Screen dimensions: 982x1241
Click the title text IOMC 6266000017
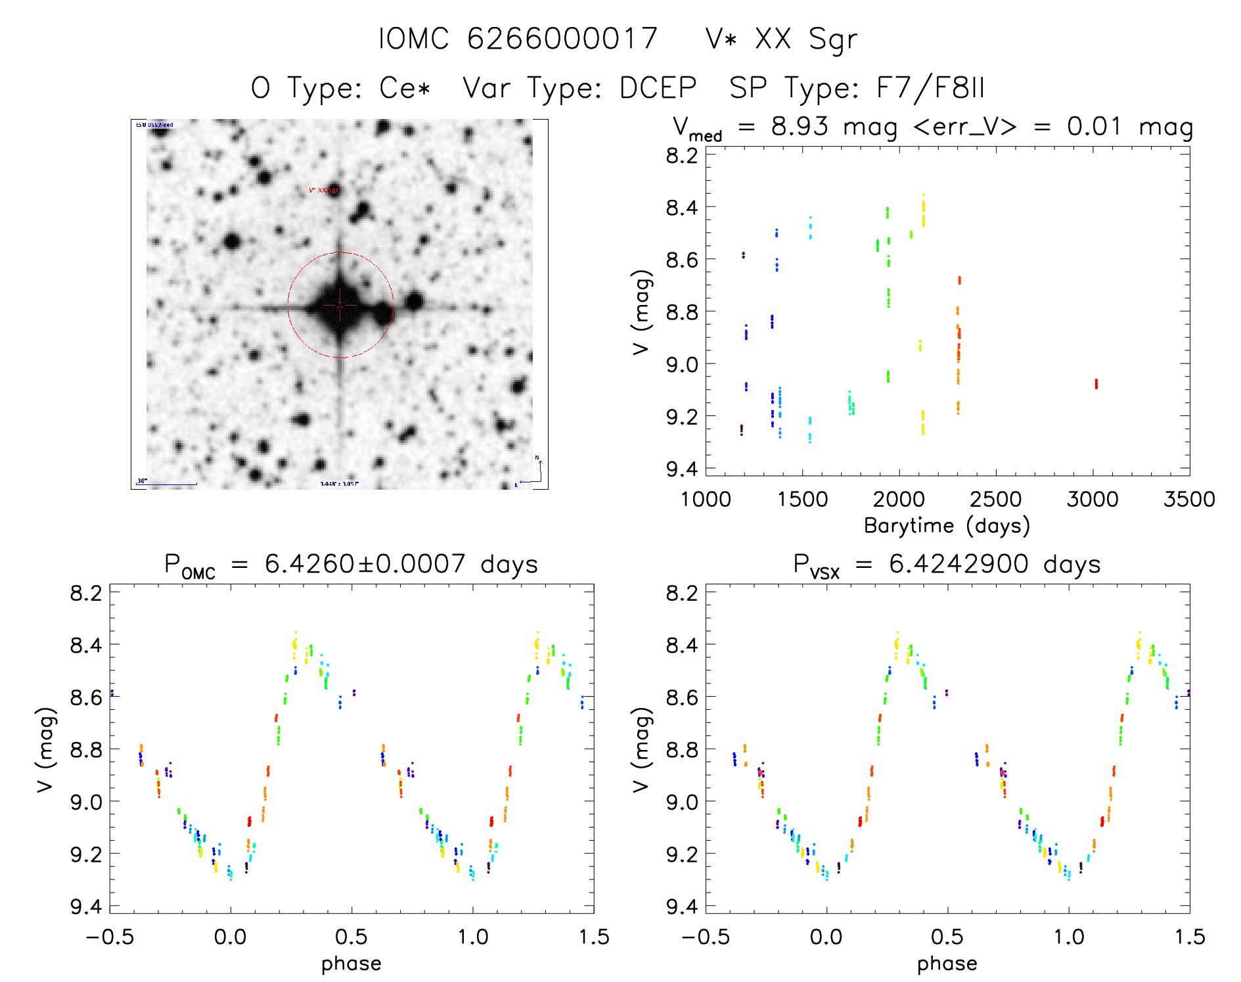518,39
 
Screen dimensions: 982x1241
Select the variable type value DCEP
658,88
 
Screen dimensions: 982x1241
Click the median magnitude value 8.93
800,126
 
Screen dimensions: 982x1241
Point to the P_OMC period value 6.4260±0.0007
365,564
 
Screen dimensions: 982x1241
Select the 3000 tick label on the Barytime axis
1093,500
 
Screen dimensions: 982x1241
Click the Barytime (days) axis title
947,526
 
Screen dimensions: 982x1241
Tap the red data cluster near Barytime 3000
1096,384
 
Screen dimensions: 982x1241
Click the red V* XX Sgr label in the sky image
323,190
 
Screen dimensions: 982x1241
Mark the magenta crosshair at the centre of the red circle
340,305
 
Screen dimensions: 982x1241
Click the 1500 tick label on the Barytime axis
802,500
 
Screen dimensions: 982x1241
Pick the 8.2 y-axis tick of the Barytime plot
681,156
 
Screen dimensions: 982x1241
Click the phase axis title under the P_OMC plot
351,964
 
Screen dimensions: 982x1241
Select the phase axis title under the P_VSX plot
947,964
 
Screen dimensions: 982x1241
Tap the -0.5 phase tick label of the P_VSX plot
705,937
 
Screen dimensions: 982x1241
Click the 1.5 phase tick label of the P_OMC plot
594,937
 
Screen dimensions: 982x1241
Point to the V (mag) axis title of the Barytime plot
642,312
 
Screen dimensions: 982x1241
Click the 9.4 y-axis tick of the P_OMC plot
86,907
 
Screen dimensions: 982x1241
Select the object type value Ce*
405,88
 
